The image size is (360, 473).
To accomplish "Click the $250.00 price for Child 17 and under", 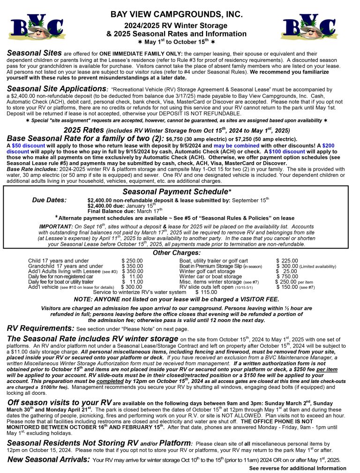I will click(x=132, y=261).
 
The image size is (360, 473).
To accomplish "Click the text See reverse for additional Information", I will click(x=298, y=468).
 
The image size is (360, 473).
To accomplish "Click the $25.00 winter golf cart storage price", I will click(x=286, y=271).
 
